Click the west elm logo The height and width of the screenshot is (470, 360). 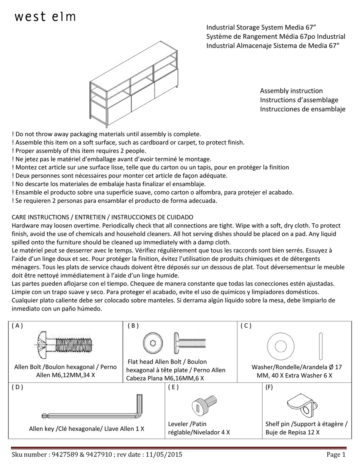45,17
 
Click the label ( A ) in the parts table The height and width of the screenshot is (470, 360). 17,326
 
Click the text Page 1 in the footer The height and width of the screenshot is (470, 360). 336,455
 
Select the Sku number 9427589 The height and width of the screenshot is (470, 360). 64,455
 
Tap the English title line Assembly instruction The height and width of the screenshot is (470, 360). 291,91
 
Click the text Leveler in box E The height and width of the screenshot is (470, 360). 178,424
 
